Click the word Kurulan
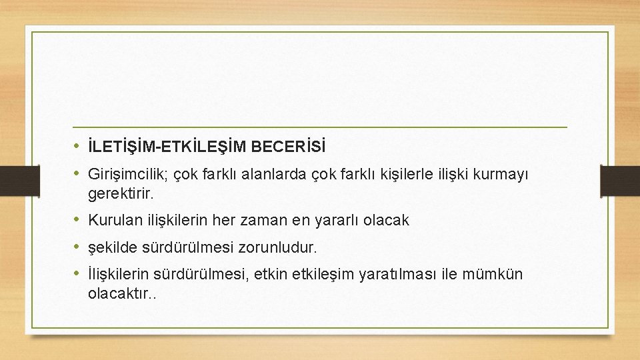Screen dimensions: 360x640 click(x=113, y=220)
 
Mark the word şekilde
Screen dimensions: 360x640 click(x=113, y=247)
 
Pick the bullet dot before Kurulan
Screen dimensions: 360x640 click(x=77, y=219)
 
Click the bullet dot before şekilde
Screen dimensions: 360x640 click(x=77, y=247)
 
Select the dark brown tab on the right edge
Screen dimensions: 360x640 click(x=620, y=179)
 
